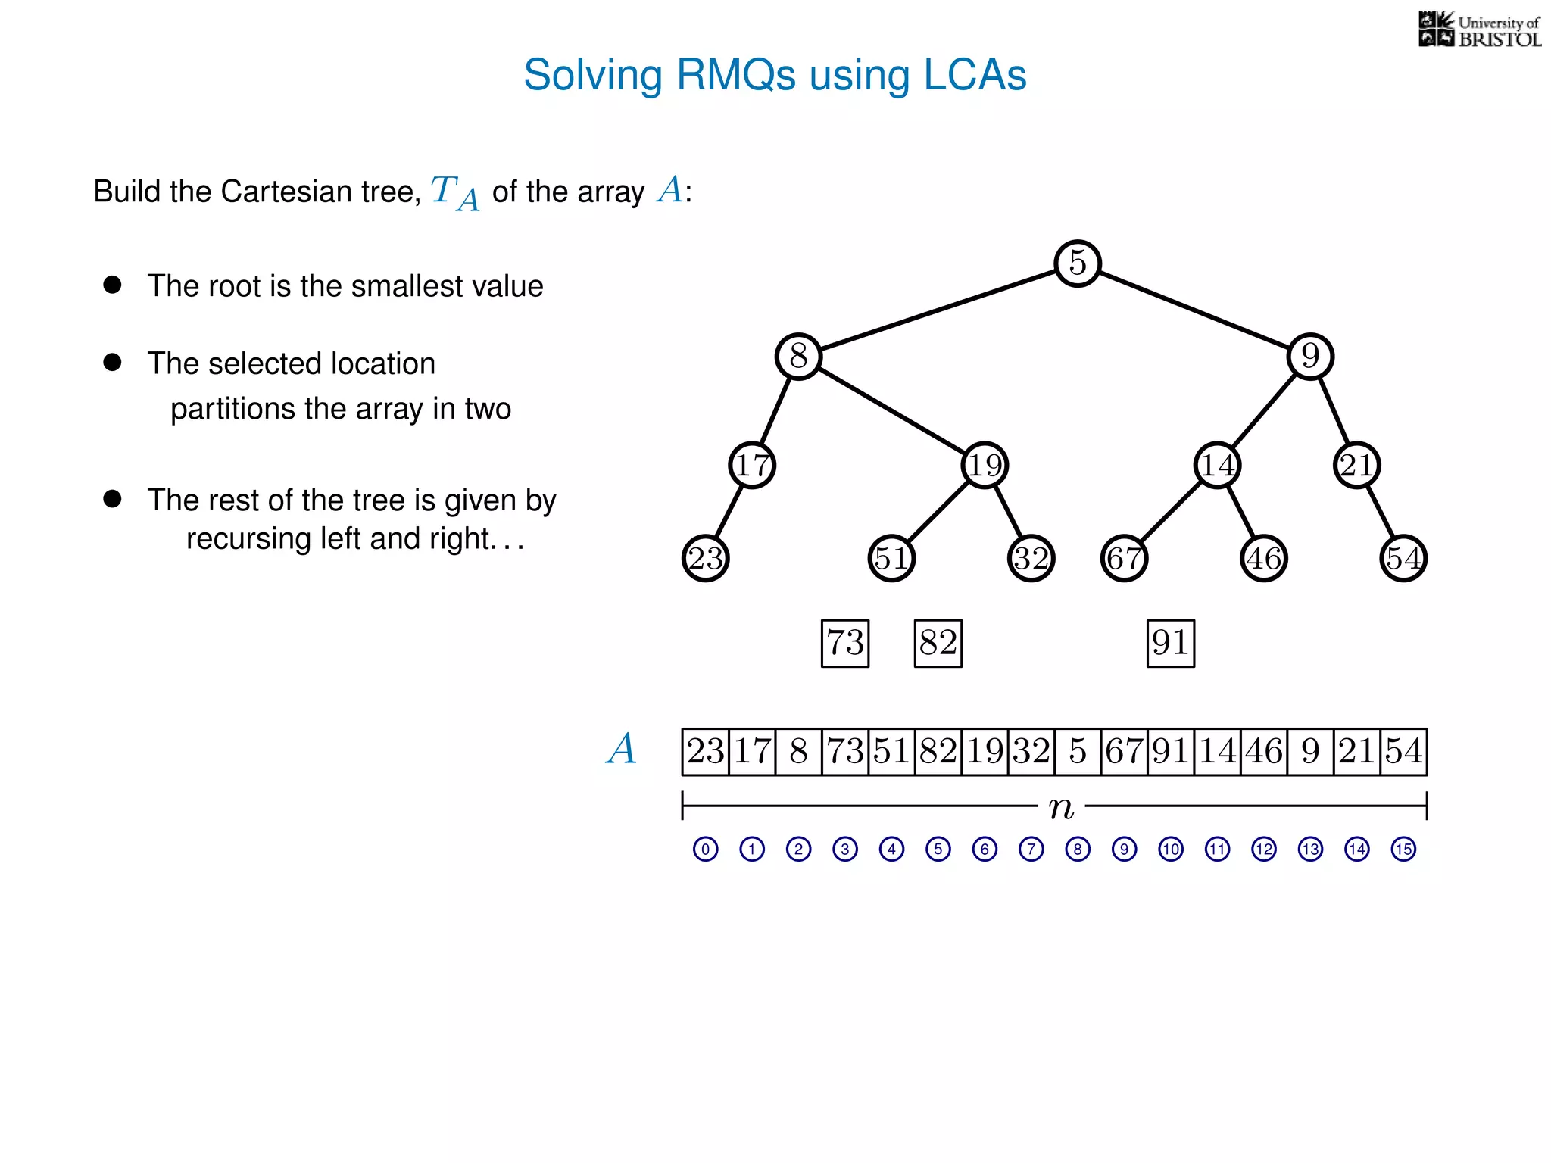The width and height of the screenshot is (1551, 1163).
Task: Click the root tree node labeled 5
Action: (x=1077, y=263)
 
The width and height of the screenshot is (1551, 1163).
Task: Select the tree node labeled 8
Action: (x=798, y=356)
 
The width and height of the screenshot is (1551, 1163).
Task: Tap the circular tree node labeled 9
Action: (x=1310, y=356)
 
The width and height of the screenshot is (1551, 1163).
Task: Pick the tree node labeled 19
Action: (x=985, y=465)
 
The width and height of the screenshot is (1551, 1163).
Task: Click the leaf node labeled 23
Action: (x=705, y=559)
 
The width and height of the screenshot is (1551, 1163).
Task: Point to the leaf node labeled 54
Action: (x=1403, y=559)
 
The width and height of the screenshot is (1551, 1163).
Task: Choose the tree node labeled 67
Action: (x=1124, y=559)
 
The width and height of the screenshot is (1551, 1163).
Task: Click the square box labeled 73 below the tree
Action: (x=845, y=644)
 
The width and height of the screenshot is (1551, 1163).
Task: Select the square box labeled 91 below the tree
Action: (x=1171, y=644)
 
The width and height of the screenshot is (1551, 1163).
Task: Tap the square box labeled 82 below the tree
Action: (x=938, y=644)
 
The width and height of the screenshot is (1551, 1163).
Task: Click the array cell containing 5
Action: (x=1077, y=752)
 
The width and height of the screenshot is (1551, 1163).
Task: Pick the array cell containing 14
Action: (x=1217, y=752)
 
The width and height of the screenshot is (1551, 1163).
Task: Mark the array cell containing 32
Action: (x=1031, y=752)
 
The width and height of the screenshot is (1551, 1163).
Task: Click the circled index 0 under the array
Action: (x=705, y=849)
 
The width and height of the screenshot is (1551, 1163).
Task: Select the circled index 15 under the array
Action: (x=1403, y=849)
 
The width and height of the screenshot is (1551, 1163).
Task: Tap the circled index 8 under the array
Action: (x=1077, y=849)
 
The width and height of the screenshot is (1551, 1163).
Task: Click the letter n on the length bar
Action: (x=1061, y=808)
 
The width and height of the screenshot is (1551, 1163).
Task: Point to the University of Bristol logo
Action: (x=1479, y=30)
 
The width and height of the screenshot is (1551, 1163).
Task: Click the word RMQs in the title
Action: (x=735, y=75)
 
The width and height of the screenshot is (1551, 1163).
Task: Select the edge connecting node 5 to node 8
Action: (x=938, y=310)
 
